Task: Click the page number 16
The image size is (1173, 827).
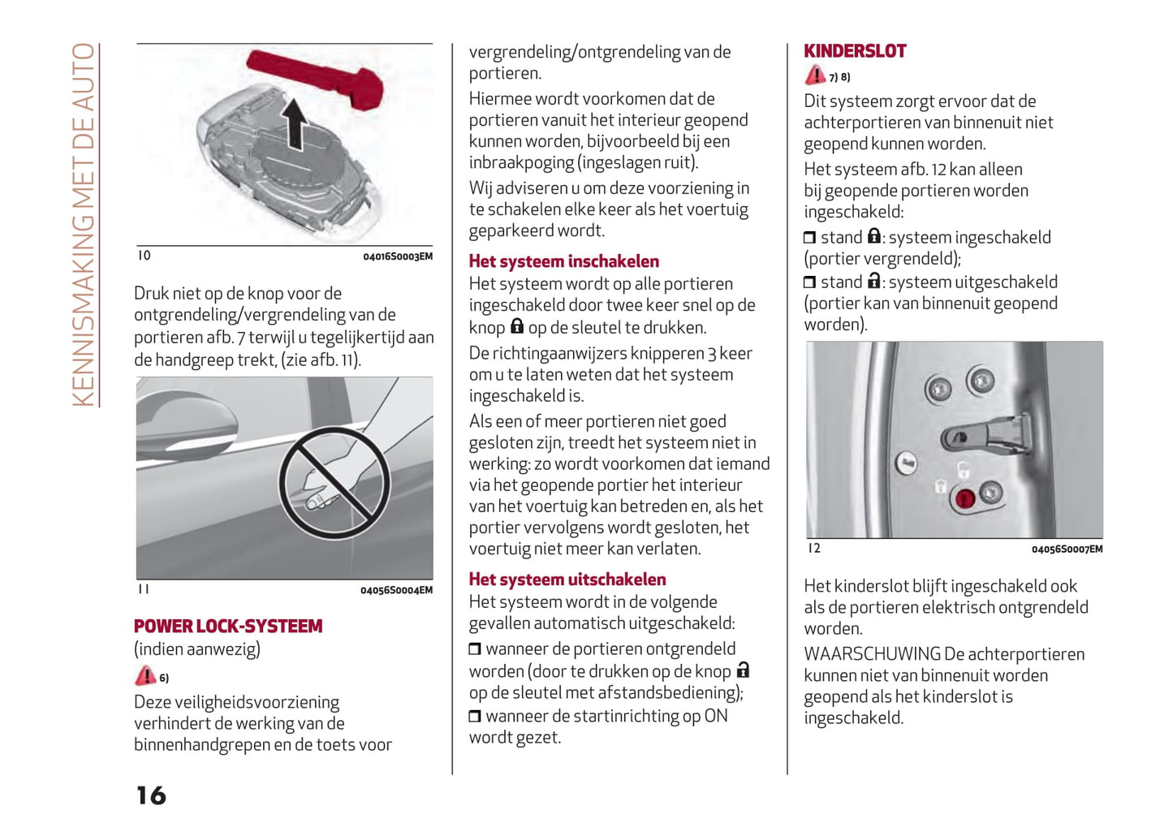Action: (151, 795)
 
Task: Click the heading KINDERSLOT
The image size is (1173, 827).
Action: (854, 51)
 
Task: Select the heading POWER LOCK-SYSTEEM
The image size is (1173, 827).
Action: (228, 627)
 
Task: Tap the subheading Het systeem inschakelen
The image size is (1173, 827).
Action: (563, 261)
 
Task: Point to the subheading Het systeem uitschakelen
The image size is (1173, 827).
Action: (567, 579)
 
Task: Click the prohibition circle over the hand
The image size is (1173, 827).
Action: (334, 484)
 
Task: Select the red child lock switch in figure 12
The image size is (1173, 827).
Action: (964, 498)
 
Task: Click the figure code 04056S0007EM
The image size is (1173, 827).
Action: (1067, 549)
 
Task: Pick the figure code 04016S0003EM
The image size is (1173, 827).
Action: (397, 256)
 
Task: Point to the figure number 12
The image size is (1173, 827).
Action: (814, 549)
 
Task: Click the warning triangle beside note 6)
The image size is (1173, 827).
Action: (145, 676)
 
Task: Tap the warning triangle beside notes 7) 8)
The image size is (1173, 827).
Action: (815, 75)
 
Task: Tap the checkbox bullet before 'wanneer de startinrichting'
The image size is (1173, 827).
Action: (475, 717)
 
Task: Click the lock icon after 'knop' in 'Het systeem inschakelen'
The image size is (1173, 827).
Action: (517, 326)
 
